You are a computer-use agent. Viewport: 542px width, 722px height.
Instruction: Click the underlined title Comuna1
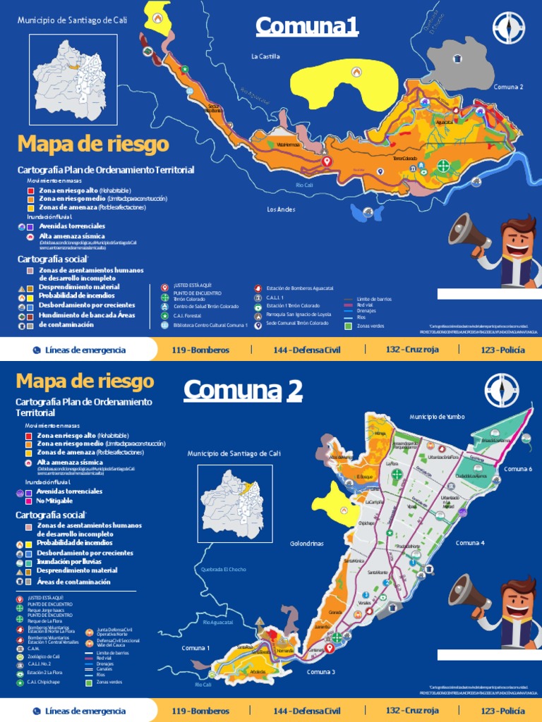click(x=307, y=27)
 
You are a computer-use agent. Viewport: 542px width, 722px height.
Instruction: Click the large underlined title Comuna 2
click(x=243, y=390)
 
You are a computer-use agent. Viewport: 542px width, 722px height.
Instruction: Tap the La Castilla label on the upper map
click(x=265, y=56)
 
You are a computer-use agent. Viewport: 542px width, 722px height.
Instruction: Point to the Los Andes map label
click(x=280, y=209)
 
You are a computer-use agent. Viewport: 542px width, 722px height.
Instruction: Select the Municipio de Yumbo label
click(x=436, y=417)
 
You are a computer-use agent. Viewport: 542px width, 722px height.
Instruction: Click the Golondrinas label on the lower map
click(x=306, y=544)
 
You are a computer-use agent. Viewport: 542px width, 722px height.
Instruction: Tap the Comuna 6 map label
click(x=517, y=469)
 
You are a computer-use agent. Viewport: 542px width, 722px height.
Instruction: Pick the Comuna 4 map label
click(x=470, y=543)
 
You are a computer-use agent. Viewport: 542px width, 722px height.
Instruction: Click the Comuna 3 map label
click(x=320, y=672)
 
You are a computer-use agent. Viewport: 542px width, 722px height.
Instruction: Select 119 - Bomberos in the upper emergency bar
click(x=201, y=350)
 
